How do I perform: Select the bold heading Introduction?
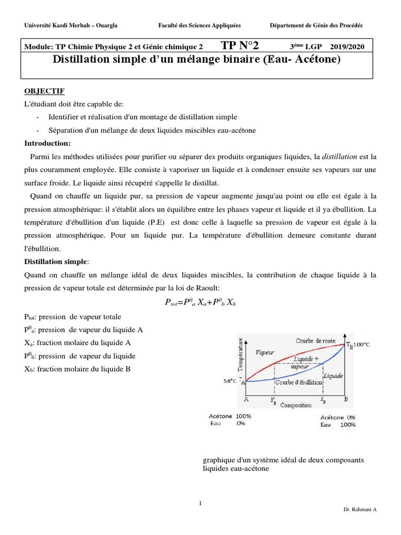click(48, 143)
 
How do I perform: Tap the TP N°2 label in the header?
click(240, 45)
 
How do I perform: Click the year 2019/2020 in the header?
click(347, 46)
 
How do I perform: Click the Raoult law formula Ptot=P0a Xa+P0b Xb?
click(200, 302)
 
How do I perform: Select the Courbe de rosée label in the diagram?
click(316, 341)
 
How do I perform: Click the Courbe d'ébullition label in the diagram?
click(298, 382)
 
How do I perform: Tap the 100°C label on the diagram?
click(362, 345)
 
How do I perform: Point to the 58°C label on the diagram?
click(230, 381)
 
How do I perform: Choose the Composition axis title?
click(296, 405)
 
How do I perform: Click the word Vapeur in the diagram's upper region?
click(265, 353)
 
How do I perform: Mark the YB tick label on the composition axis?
click(274, 401)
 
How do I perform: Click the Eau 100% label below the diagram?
click(338, 425)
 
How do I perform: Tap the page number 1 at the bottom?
click(200, 503)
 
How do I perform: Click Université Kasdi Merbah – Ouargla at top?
click(71, 26)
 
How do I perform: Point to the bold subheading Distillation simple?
click(57, 261)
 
